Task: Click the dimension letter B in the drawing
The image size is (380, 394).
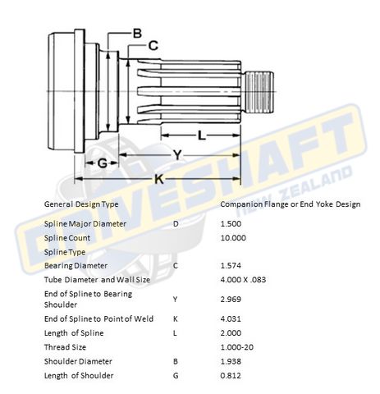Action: [x=137, y=33]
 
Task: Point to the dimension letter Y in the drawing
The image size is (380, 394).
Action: [x=176, y=154]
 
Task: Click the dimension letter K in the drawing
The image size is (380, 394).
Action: [x=158, y=177]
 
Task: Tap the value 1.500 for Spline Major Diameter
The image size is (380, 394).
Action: [x=231, y=222]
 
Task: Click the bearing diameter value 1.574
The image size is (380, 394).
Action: [x=231, y=266]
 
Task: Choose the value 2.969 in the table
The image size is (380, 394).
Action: [x=231, y=300]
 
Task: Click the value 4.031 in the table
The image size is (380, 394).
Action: [x=231, y=318]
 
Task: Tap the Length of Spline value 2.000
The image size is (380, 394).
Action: [x=231, y=332]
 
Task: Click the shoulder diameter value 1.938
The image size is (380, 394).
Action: [x=231, y=360]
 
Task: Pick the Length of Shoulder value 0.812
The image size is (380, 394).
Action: [x=231, y=375]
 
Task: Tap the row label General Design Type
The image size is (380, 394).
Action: [x=80, y=203]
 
